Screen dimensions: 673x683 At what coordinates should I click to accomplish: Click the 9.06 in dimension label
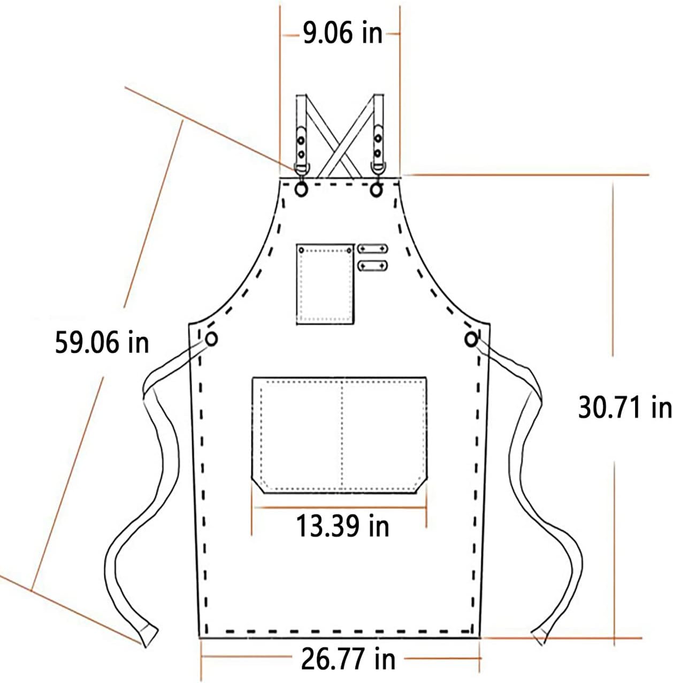[342, 33]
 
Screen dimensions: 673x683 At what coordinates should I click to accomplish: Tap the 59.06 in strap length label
[102, 342]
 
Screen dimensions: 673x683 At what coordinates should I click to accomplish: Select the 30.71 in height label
[625, 408]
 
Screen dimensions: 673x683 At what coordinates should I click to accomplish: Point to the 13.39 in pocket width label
[342, 526]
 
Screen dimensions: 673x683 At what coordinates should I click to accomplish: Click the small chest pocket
[325, 284]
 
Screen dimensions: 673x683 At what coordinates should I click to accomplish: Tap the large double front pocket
[339, 435]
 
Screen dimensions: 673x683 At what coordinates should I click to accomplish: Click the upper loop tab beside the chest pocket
[372, 249]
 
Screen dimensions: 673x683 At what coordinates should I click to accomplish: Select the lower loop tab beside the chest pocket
[372, 265]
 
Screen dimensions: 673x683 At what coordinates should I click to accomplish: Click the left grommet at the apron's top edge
[301, 190]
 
